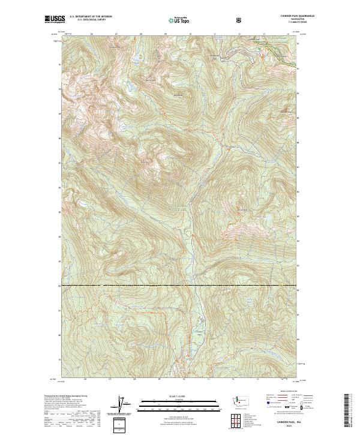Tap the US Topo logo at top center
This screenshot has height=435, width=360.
[175, 20]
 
